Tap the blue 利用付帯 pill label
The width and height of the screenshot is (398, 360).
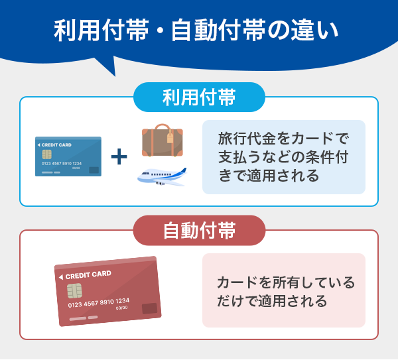(199, 97)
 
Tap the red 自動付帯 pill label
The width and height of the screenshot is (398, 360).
(199, 231)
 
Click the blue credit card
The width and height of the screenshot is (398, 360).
(68, 156)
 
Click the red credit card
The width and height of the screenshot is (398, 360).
(108, 291)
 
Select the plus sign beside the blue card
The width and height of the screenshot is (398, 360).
(119, 156)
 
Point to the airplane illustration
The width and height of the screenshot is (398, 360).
(161, 176)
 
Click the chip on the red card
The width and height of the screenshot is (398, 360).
(74, 290)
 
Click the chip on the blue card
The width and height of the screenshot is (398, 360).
(46, 154)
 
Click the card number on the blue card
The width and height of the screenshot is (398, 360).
(61, 163)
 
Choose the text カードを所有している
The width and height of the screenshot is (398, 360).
(286, 282)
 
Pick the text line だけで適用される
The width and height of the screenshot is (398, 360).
(272, 301)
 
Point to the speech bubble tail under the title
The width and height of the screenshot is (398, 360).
(106, 66)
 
